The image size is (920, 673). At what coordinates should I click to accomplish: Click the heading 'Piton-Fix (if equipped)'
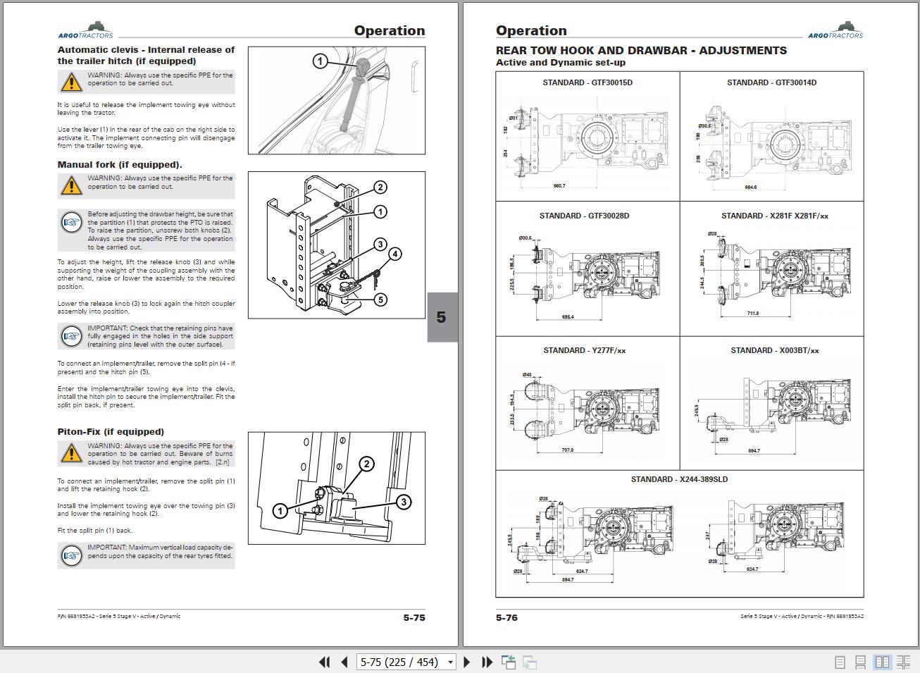click(111, 432)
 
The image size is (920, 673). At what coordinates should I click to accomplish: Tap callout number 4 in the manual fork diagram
click(395, 254)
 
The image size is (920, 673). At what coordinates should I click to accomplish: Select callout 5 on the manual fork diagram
click(380, 300)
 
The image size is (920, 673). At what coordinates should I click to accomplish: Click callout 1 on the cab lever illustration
click(320, 61)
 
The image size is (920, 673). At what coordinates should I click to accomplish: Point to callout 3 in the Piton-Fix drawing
click(403, 502)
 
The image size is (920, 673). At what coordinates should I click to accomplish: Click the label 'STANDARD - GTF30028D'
click(584, 216)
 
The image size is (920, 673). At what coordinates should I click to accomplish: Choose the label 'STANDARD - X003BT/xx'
click(774, 350)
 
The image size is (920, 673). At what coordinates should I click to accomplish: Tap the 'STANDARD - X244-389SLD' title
click(679, 479)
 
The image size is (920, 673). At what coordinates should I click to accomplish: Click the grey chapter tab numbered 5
click(442, 317)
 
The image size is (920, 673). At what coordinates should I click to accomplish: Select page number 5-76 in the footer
click(506, 617)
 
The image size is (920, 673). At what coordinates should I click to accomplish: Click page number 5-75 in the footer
click(414, 617)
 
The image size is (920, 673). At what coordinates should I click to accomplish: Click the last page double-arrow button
click(487, 662)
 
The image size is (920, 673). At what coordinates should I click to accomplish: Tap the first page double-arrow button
click(324, 662)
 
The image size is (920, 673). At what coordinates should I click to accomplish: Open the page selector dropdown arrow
click(450, 662)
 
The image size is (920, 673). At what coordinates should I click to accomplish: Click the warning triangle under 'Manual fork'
click(71, 185)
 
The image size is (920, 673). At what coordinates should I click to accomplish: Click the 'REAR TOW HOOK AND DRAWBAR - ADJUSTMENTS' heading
click(641, 51)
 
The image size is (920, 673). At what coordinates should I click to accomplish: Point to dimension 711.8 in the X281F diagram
click(752, 313)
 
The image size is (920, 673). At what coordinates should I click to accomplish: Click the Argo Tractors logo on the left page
click(85, 31)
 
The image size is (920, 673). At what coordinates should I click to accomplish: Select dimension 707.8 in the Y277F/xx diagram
click(567, 450)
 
